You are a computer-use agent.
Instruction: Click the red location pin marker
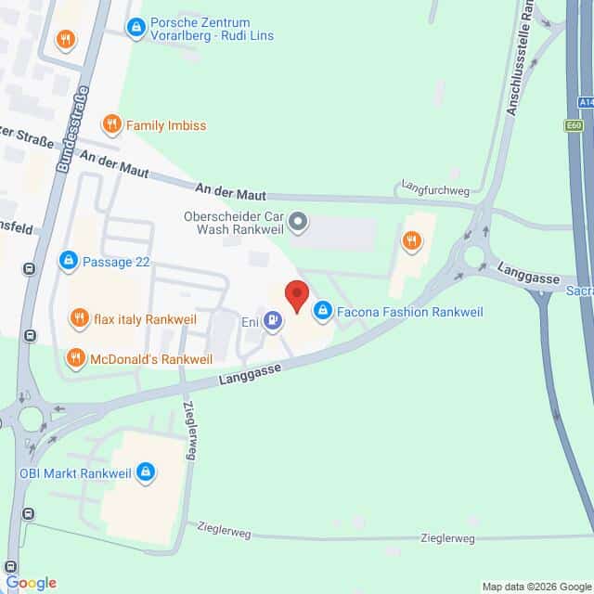point(296,294)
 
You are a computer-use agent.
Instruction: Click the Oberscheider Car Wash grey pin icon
point(298,223)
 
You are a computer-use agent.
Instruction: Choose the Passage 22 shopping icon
point(68,262)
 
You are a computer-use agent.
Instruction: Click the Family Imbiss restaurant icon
point(111,123)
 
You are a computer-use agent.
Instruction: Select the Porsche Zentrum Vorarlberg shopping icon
point(136,29)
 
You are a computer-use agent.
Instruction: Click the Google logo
point(31,582)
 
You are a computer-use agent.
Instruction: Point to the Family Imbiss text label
point(166,124)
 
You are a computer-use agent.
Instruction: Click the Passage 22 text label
point(115,262)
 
